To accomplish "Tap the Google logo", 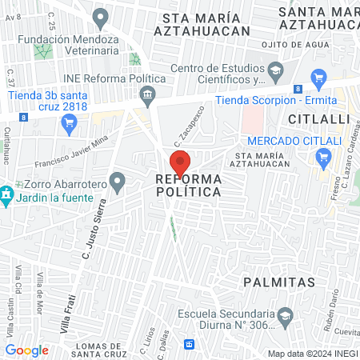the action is click(x=27, y=350).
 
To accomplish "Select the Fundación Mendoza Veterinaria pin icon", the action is click(x=100, y=16).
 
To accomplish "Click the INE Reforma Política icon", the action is click(x=147, y=96).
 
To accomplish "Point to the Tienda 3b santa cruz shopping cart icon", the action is click(x=69, y=123).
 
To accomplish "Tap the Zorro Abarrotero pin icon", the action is click(x=118, y=182).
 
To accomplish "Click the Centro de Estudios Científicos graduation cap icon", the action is click(x=275, y=70).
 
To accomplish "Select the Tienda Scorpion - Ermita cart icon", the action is click(x=320, y=78).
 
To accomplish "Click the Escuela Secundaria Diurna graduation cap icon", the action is click(x=286, y=318).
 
